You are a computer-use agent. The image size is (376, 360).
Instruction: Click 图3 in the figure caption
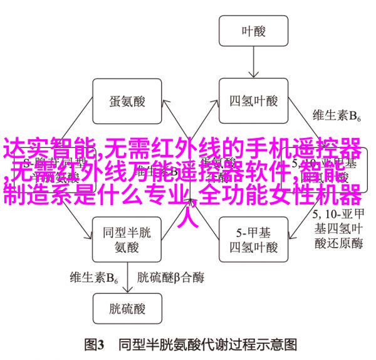[x=95, y=344]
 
